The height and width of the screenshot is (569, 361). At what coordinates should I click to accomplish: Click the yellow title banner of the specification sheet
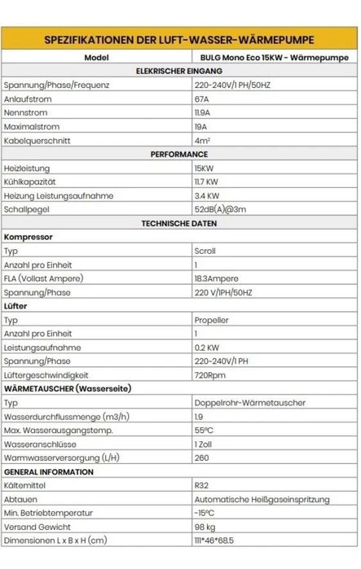180,40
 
